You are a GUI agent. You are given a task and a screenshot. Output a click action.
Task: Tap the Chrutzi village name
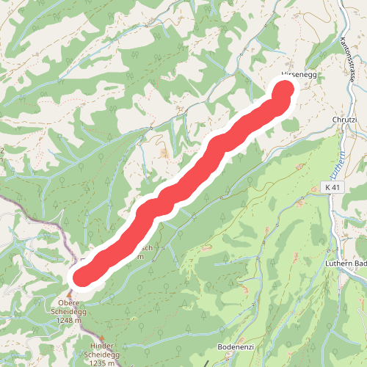pyautogui.click(x=344, y=119)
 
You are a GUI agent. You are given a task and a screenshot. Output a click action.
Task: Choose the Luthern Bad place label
pyautogui.click(x=345, y=262)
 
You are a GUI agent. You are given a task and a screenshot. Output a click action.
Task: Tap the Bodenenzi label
pyautogui.click(x=236, y=346)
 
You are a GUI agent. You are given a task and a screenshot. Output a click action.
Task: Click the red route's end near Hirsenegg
pyautogui.click(x=285, y=91)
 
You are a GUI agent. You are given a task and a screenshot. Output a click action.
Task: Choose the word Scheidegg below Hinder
pyautogui.click(x=102, y=354)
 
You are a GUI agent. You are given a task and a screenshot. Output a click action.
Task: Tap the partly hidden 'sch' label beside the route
pyautogui.click(x=145, y=247)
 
